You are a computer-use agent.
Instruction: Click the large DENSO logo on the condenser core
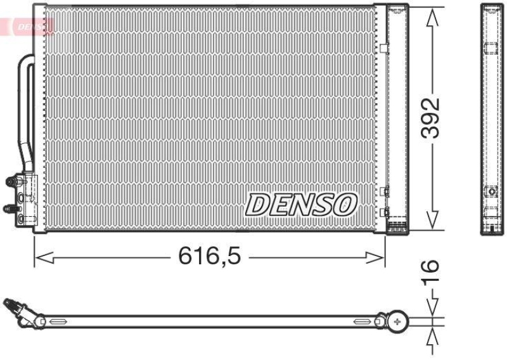(301, 204)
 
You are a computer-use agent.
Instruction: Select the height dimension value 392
(432, 118)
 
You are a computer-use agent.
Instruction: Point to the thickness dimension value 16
(431, 271)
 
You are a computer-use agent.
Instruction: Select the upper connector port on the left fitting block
(11, 182)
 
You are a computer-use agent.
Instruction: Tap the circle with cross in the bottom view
(397, 321)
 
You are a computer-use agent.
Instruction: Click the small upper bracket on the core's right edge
(383, 47)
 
